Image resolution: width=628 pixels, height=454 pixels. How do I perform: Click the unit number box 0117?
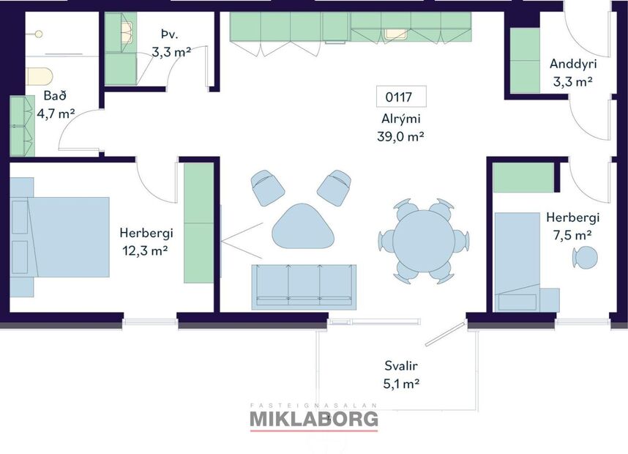400,97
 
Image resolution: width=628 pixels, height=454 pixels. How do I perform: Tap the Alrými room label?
400,119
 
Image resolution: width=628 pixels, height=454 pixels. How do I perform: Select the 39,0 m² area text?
400,135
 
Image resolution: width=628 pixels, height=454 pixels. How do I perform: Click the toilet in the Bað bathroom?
40,76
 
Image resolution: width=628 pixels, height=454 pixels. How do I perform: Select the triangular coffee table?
302,227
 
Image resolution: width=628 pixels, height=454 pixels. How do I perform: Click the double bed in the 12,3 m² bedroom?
62,236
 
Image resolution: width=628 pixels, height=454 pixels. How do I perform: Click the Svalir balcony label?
400,365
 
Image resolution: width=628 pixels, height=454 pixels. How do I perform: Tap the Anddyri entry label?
571,64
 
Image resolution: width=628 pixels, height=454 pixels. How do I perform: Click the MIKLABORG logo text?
314,419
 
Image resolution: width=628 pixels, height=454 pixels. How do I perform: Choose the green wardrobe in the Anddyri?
525,60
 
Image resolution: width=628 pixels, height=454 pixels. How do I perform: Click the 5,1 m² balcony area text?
400,382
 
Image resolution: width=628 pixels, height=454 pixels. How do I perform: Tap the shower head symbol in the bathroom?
38,34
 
